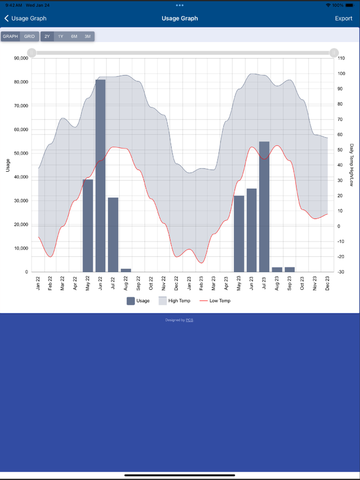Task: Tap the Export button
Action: point(344,19)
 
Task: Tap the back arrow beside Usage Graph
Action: point(7,19)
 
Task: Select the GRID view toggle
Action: point(29,36)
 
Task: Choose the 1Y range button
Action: point(61,36)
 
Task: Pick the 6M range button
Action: point(74,36)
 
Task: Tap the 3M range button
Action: point(87,36)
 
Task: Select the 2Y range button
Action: point(47,36)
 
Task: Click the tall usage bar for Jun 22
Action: point(100,175)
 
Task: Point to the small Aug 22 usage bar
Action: point(126,270)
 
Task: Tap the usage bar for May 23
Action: point(239,233)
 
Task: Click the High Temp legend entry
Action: point(174,301)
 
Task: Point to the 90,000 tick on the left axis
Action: point(21,58)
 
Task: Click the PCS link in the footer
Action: point(189,320)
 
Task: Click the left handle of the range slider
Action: point(32,52)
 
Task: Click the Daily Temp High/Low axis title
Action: point(352,164)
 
